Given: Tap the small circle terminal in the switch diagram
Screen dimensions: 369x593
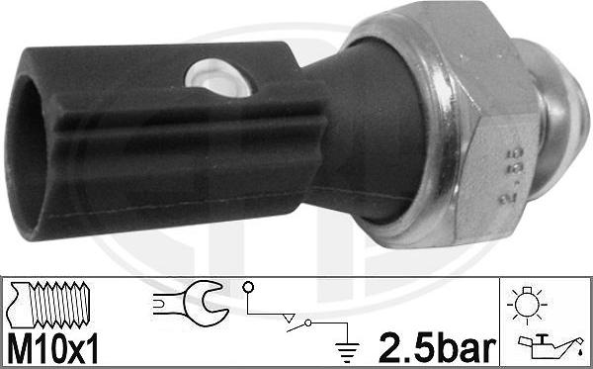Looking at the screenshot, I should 247,290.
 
